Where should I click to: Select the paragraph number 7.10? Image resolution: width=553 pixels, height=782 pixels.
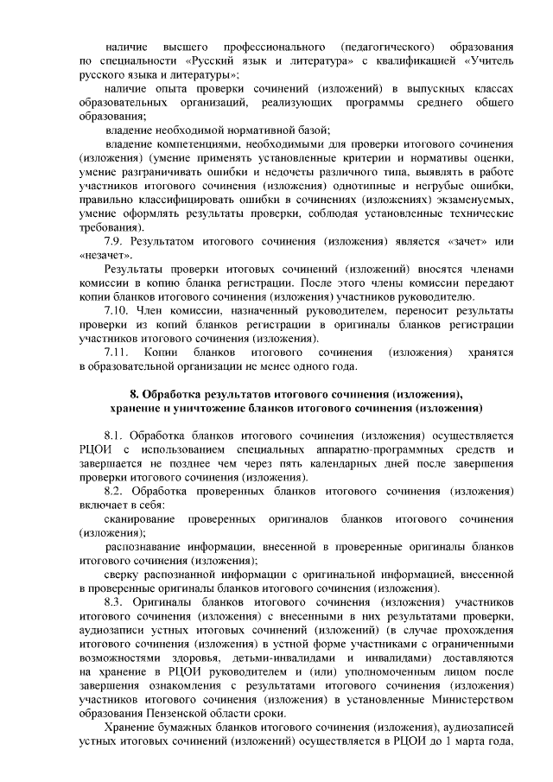point(118,308)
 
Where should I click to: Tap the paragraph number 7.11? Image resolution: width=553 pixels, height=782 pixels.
point(117,353)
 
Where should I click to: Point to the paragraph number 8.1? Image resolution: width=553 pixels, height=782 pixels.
point(115,436)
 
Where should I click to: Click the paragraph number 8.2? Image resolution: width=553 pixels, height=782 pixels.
point(115,491)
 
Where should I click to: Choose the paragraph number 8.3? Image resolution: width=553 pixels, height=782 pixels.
point(115,601)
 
